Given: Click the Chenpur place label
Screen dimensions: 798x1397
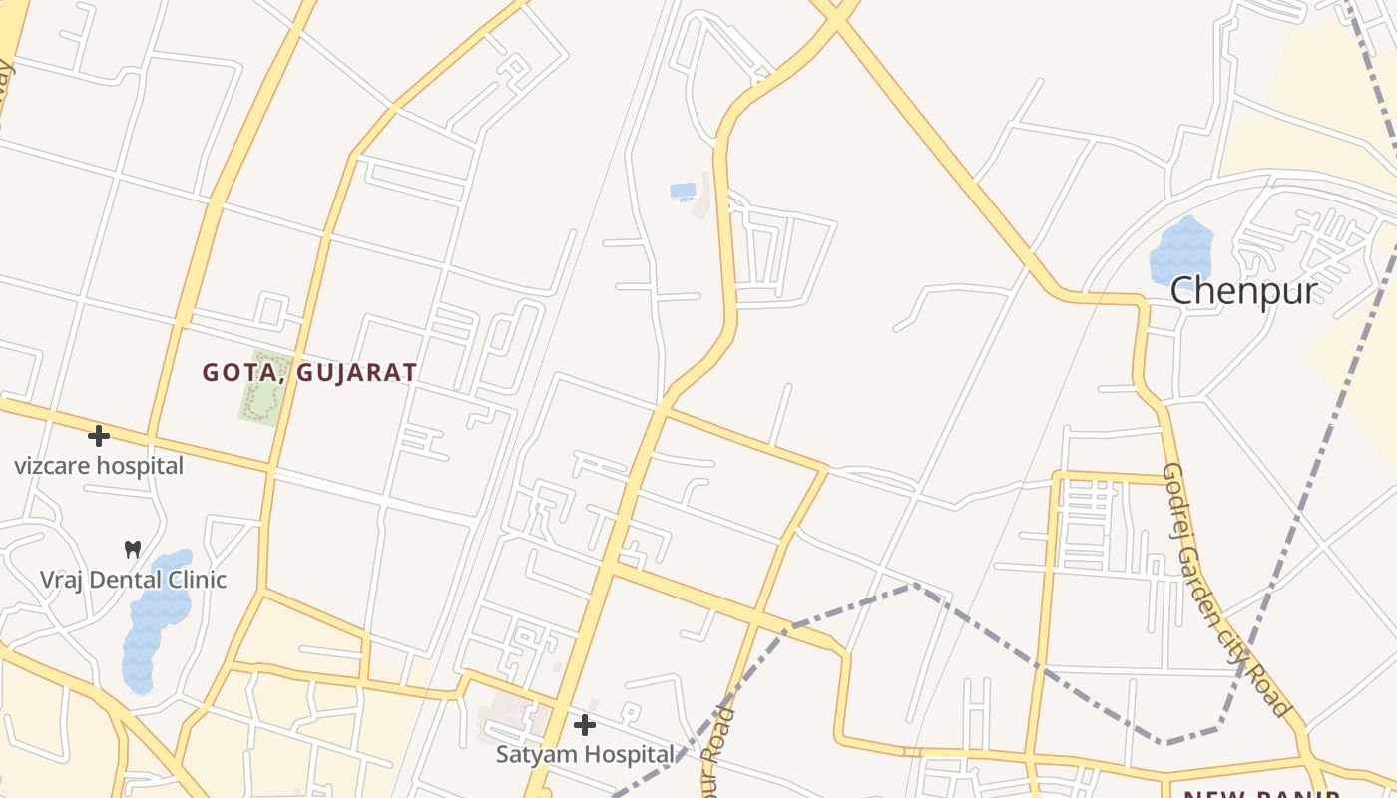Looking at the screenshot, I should pos(1243,291).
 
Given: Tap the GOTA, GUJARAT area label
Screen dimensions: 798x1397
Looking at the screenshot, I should pos(309,373).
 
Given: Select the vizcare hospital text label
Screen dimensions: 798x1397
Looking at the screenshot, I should pos(99,465).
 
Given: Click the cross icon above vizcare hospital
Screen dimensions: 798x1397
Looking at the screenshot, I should pos(99,436).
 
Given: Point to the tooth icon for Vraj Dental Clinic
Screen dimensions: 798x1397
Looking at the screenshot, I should pos(132,549).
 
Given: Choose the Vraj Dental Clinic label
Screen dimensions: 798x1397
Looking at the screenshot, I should pos(133,580).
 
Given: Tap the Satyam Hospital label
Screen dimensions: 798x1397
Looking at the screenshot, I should pos(585,754).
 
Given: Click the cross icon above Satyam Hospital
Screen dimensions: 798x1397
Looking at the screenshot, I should pos(585,725).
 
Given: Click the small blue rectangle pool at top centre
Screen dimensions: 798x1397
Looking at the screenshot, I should pos(684,190).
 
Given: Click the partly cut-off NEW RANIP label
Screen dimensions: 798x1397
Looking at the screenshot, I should pos(1261,793).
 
